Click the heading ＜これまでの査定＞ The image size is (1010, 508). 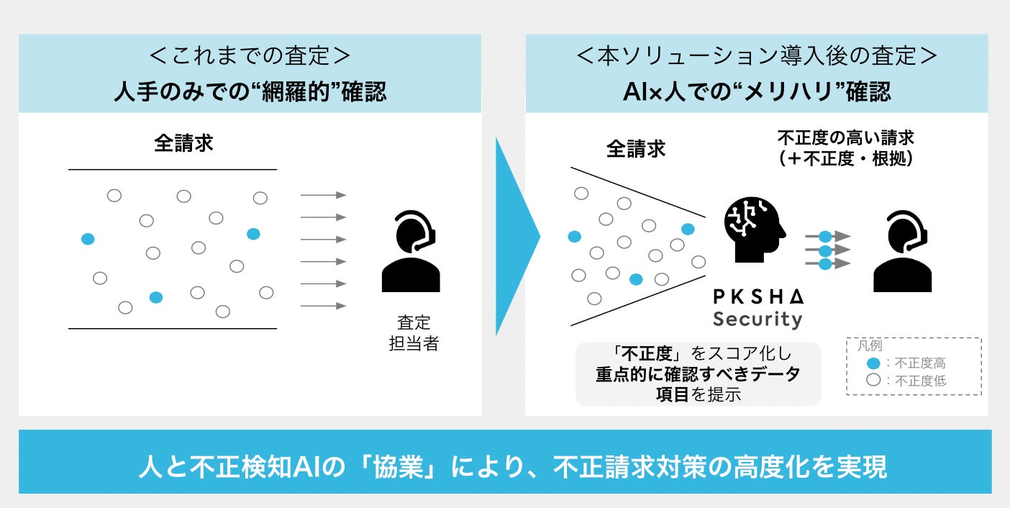point(250,58)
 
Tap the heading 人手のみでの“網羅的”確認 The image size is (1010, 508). point(250,93)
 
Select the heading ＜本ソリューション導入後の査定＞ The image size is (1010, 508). point(757,58)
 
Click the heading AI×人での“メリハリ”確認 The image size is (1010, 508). point(757,93)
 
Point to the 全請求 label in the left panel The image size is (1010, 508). point(183,143)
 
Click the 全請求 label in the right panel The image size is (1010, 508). point(636,149)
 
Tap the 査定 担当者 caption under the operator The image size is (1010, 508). point(413,332)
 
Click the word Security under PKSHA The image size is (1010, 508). point(757,319)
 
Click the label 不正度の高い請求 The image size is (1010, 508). point(845,138)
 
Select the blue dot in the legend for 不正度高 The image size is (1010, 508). point(873,363)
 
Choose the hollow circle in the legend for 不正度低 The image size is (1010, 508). point(873,381)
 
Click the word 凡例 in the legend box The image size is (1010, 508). point(870,346)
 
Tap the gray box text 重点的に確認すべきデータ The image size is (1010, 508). point(698,374)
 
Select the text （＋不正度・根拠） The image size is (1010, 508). point(845,159)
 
